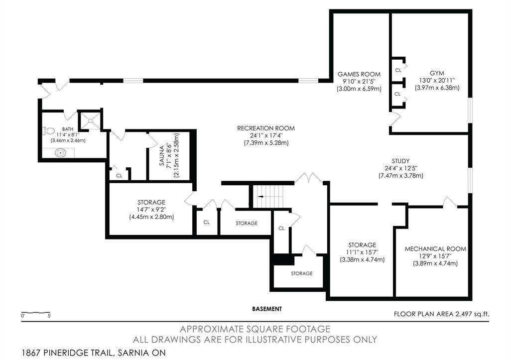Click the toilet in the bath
49,131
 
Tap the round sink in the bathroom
60,152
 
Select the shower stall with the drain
90,120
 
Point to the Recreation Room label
266,128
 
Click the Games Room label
359,74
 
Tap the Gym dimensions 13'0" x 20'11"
437,80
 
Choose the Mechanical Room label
435,249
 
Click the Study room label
401,161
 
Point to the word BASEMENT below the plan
267,309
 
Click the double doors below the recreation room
309,178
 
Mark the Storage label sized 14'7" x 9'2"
151,202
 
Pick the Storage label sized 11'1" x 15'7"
362,245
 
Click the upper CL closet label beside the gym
398,70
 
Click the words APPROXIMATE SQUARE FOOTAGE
255,329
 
